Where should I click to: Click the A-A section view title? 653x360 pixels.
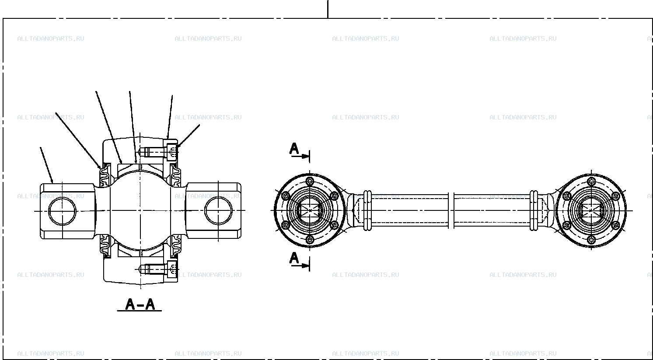tap(140, 304)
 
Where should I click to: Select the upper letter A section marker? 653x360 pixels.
tap(294, 149)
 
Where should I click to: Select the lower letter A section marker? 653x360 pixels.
tap(294, 258)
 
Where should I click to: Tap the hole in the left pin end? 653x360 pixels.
tap(62, 211)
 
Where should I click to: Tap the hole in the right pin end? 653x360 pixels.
tap(219, 210)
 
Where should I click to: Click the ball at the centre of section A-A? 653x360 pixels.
tap(140, 210)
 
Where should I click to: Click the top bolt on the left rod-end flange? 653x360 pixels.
tap(310, 181)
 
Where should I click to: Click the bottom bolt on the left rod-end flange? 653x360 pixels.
tap(310, 240)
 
